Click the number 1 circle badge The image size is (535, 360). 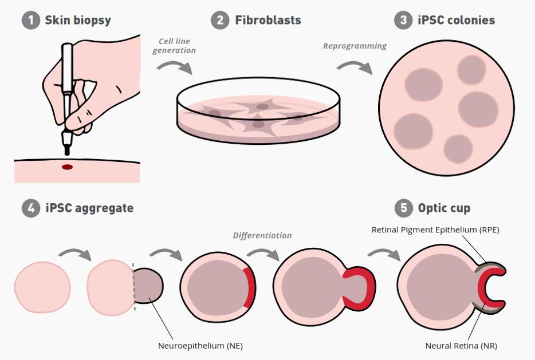31,21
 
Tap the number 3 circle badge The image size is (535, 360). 404,21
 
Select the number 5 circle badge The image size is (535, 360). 404,208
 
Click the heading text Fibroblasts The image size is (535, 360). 267,21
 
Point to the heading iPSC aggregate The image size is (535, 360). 89,208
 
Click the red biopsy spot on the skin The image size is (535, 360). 68,167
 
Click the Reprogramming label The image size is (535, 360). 355,46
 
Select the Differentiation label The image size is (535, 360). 262,235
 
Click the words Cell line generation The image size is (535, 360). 174,46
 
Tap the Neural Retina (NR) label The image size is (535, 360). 461,346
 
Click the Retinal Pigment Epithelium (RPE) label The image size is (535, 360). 435,230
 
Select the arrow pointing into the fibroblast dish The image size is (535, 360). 175,68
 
